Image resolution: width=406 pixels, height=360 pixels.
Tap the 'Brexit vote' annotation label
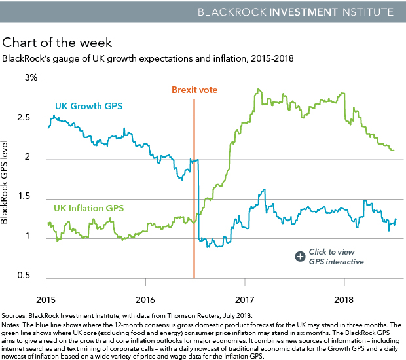pos(194,90)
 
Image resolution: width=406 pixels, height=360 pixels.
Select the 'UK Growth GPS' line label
pos(89,106)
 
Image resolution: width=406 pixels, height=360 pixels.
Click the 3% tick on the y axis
pos(32,78)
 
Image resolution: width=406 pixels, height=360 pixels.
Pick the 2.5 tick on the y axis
pos(31,118)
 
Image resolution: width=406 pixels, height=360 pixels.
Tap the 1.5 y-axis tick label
pos(31,197)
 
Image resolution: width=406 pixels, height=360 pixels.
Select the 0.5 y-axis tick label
pos(31,276)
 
